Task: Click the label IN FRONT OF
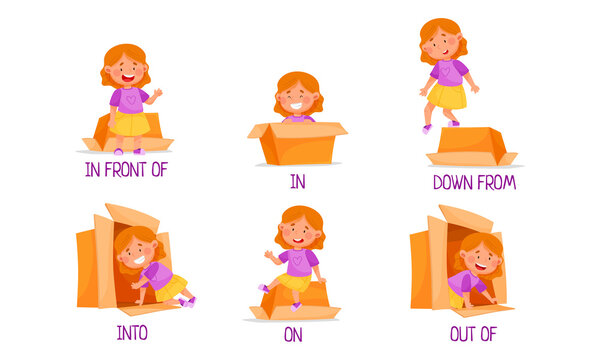(x=125, y=169)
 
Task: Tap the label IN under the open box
(x=297, y=181)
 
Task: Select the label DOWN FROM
(x=473, y=182)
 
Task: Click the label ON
(x=292, y=335)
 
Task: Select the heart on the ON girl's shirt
(x=296, y=257)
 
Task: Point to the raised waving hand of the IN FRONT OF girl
(x=157, y=94)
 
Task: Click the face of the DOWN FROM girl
(x=441, y=42)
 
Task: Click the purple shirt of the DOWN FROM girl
(x=449, y=72)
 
